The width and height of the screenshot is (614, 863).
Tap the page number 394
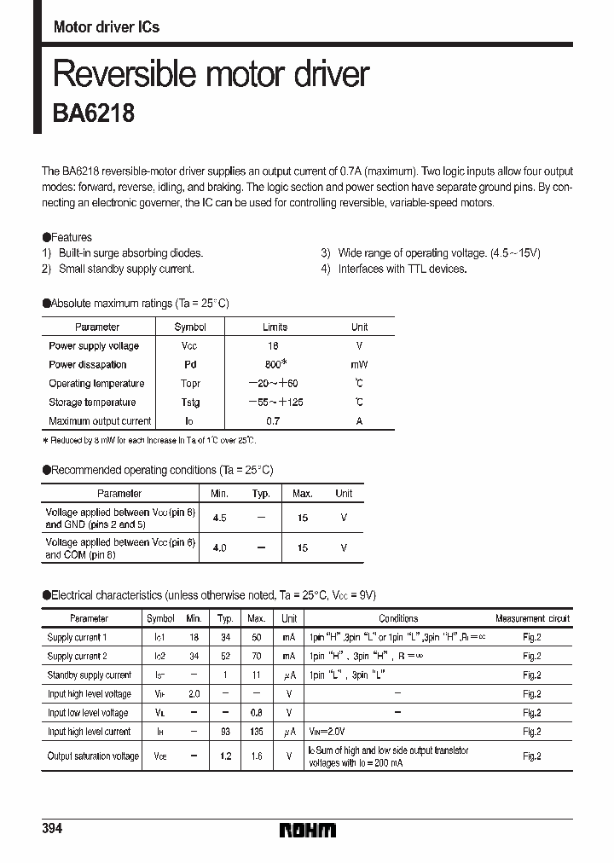(x=52, y=829)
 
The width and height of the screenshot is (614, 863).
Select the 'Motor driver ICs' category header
(x=107, y=27)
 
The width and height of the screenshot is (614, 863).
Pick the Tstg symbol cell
(x=190, y=402)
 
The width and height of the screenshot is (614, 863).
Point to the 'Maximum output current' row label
(x=100, y=420)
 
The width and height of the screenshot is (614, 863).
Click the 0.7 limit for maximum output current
(x=274, y=420)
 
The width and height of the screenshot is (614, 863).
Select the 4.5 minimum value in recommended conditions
(x=219, y=518)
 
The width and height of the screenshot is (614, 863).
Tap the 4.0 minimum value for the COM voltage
(x=219, y=547)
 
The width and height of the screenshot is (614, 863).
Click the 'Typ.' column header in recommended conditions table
(x=261, y=494)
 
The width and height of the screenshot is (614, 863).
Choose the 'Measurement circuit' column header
(x=532, y=618)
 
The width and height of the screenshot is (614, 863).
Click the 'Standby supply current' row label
(x=90, y=675)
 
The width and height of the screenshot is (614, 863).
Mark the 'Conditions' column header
(x=398, y=618)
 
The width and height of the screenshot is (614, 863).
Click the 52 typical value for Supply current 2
(x=225, y=656)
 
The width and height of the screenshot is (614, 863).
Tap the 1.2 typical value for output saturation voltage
(x=225, y=756)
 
